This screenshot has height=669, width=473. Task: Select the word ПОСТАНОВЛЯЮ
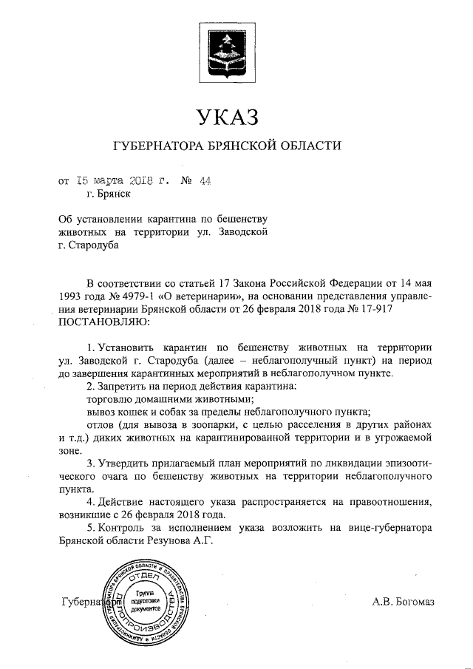pyautogui.click(x=103, y=322)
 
